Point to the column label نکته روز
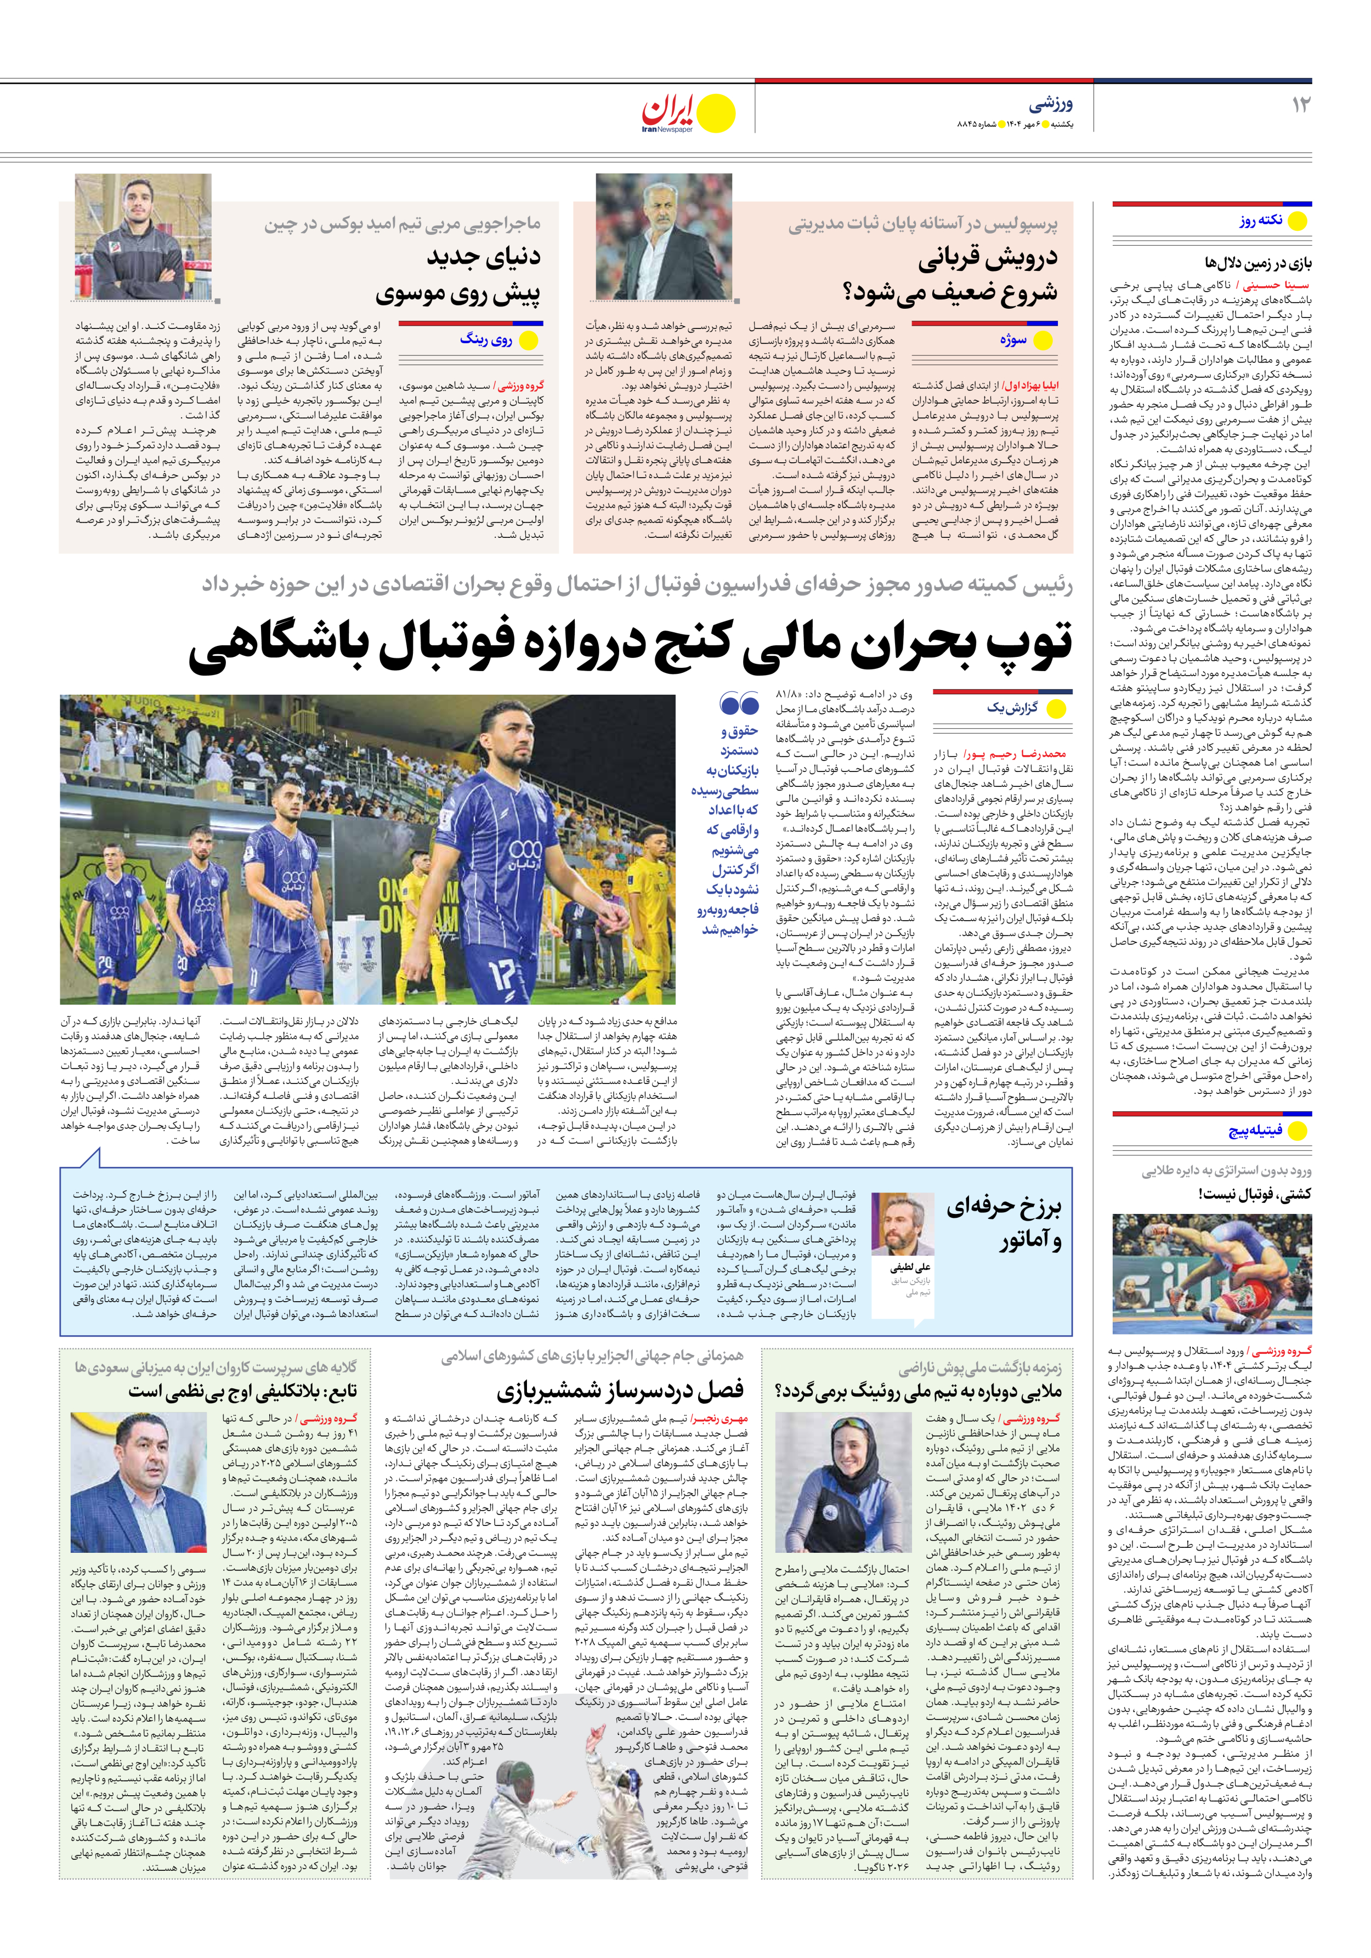pos(1261,221)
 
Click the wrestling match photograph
pos(1211,1274)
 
